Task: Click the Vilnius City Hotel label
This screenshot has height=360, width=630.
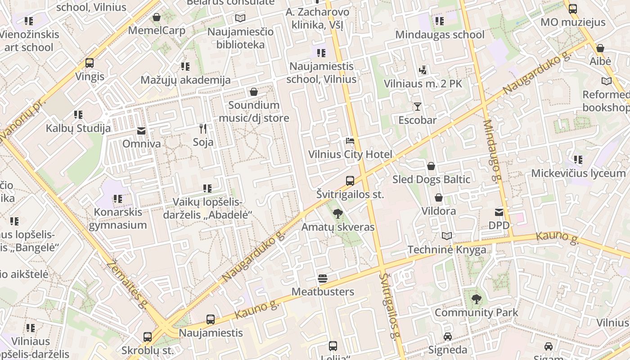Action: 350,154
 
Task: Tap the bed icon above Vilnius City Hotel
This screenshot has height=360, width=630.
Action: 350,141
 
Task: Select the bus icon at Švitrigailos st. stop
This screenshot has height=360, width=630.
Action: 350,181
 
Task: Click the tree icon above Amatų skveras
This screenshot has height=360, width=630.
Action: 337,214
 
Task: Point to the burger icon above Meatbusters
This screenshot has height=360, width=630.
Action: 323,278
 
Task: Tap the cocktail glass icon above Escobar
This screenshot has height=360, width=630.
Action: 418,107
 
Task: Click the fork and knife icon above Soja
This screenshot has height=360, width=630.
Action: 203,129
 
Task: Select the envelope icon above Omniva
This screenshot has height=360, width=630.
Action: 141,131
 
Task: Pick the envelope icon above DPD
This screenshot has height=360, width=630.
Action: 499,212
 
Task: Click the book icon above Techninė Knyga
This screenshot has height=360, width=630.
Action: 447,236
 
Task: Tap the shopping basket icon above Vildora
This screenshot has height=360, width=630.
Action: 439,198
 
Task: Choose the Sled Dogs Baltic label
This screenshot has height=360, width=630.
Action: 431,180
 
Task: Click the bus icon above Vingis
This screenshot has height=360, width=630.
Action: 90,63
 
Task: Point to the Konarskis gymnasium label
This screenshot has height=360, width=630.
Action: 117,218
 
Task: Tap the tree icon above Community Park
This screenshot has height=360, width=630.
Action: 476,299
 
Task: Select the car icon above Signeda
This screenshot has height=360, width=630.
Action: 447,337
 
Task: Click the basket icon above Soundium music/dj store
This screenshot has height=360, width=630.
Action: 254,92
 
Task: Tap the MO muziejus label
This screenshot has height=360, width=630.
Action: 573,22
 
